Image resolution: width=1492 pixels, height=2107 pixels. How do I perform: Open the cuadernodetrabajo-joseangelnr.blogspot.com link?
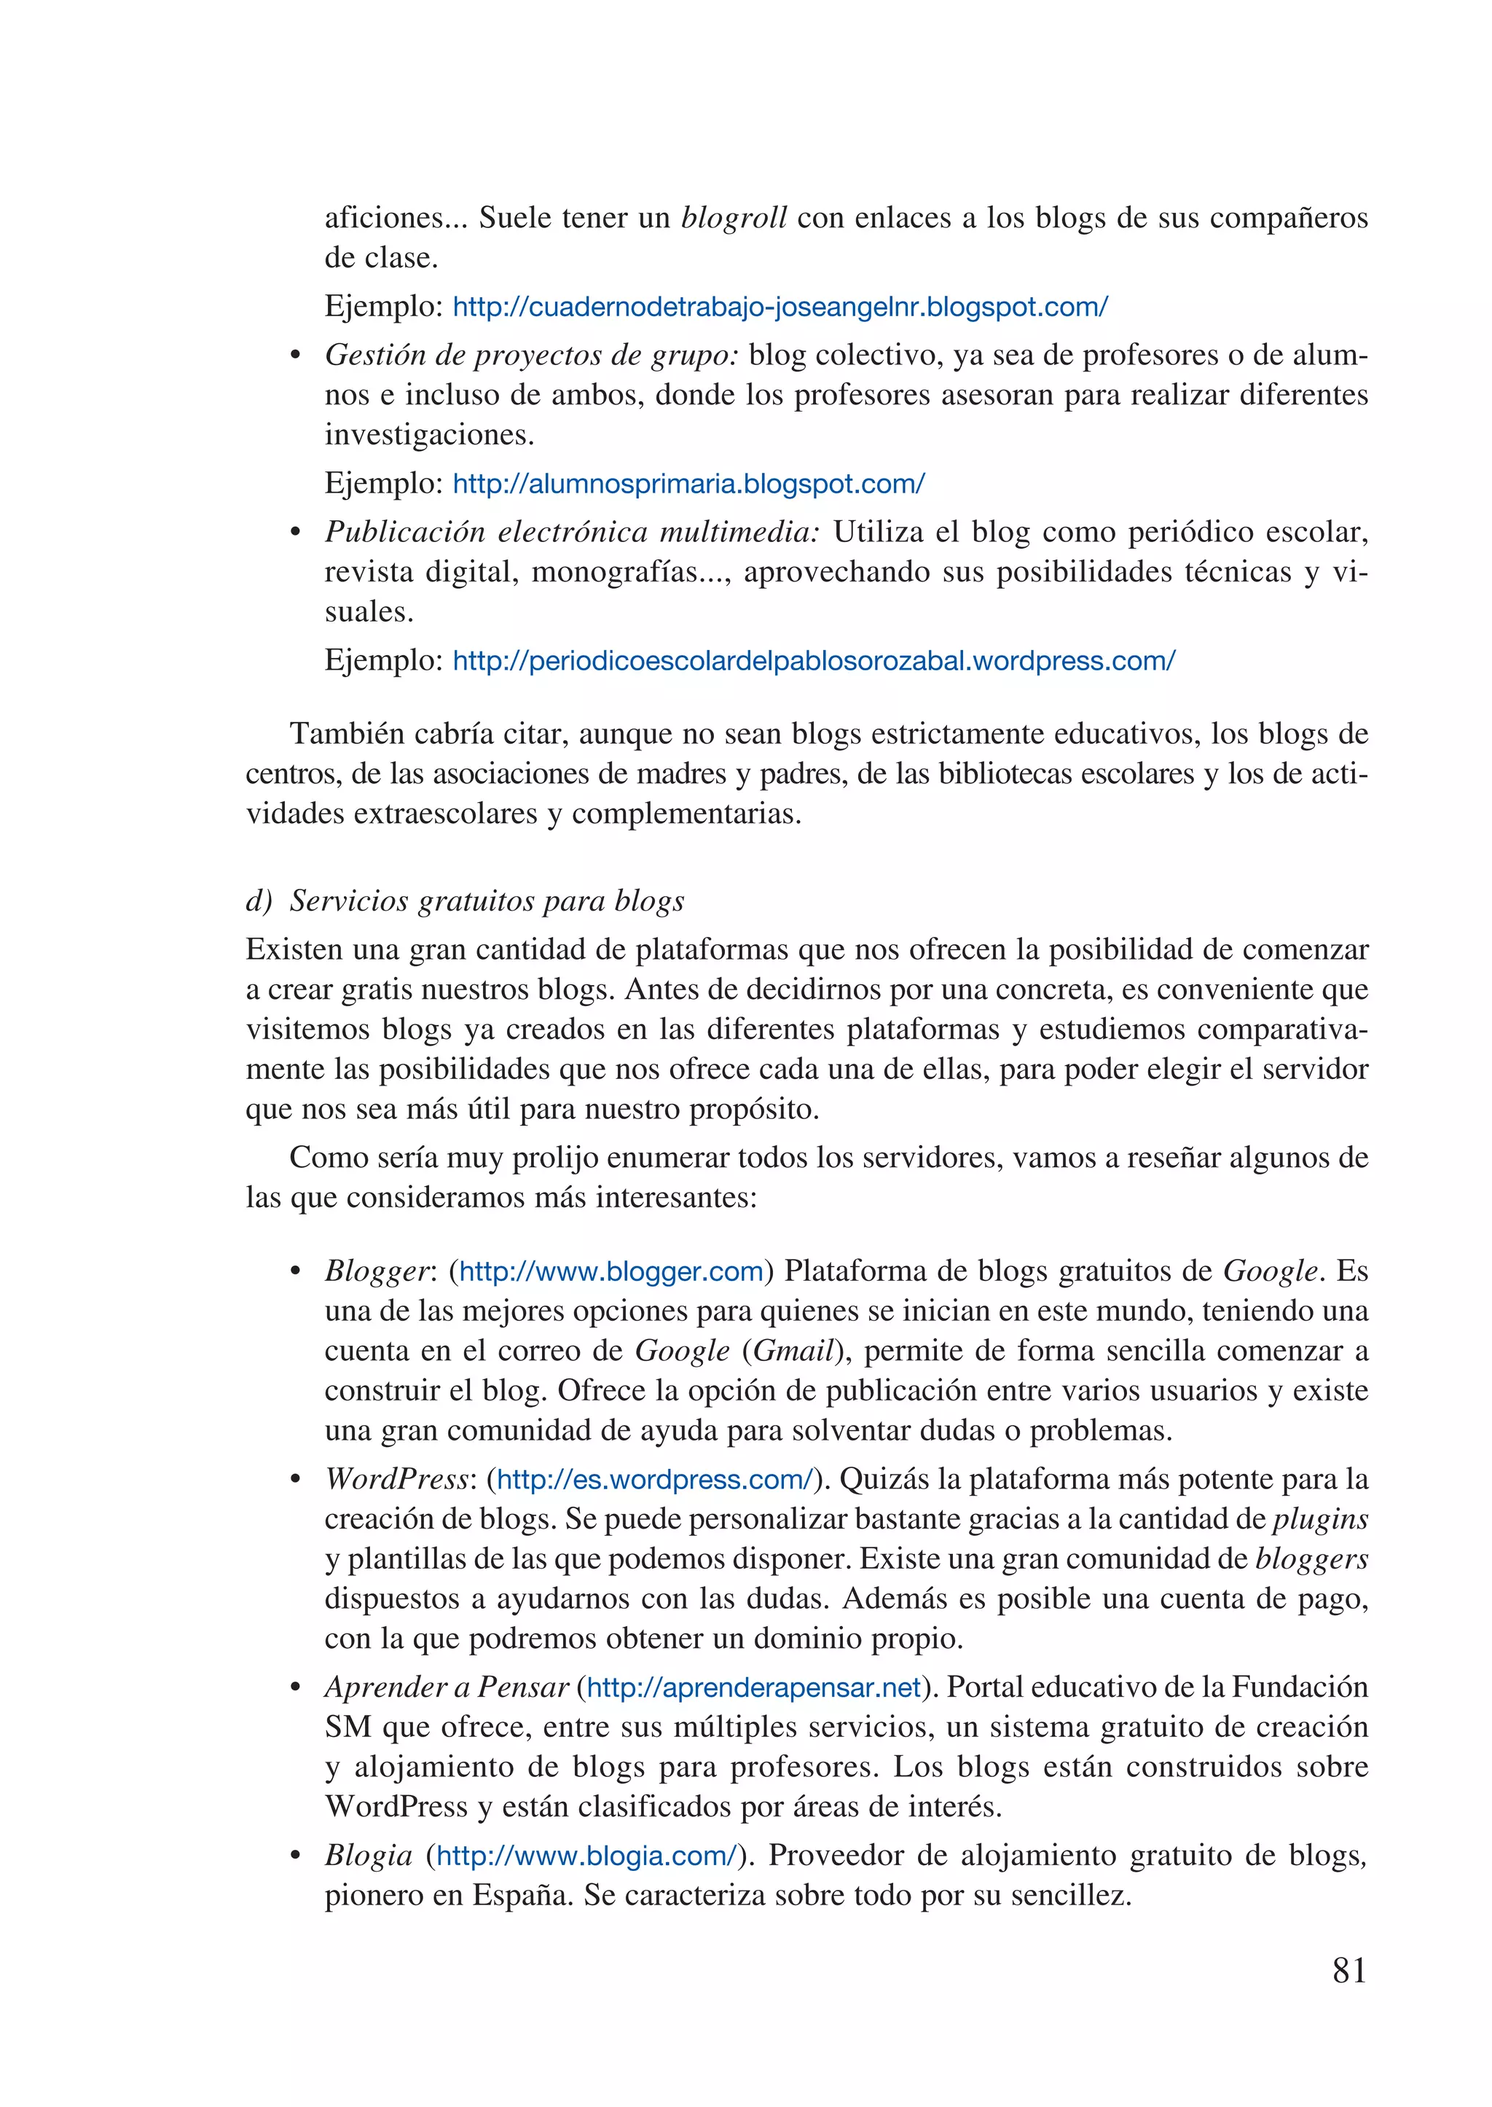[780, 307]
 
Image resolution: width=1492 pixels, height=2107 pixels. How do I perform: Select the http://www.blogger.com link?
[611, 1272]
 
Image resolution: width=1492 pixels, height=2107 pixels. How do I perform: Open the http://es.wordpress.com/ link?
[655, 1480]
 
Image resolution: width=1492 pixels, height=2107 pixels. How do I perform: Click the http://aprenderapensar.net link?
[753, 1687]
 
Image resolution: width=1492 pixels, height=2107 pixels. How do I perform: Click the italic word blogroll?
[734, 219]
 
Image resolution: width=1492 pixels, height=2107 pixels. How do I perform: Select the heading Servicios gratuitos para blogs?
[487, 901]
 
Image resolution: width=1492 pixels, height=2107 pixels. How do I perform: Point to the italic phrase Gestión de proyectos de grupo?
[532, 356]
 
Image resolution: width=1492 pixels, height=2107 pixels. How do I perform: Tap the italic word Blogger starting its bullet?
[377, 1272]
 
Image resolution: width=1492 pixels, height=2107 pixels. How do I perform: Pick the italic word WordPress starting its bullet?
[397, 1480]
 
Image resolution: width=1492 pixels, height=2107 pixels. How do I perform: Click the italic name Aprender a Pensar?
[447, 1687]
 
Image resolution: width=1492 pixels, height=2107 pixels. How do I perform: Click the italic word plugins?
[1319, 1520]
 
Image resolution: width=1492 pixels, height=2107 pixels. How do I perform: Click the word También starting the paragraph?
[348, 734]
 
